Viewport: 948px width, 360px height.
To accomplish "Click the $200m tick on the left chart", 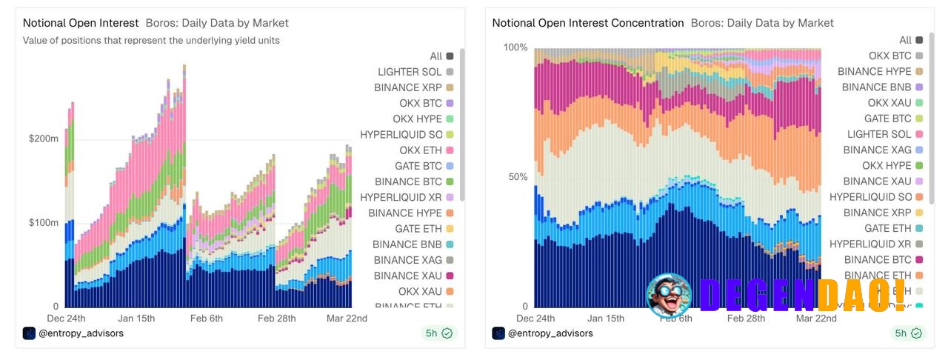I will tap(44, 139).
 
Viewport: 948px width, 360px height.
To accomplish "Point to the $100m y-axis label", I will tap(44, 222).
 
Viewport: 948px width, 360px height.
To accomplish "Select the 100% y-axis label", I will tap(515, 47).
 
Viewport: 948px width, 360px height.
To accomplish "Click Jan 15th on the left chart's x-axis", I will tap(136, 319).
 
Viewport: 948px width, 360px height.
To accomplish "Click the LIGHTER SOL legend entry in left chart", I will tap(410, 72).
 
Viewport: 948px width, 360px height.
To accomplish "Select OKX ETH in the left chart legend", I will tap(420, 150).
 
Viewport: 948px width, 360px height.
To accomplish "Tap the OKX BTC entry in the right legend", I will tap(889, 56).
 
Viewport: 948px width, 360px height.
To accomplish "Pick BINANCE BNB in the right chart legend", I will tap(876, 87).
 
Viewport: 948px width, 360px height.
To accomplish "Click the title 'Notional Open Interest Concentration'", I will tap(588, 23).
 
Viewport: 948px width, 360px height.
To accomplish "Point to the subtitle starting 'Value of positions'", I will tap(151, 40).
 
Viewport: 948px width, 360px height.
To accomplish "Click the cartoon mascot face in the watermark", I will tap(668, 295).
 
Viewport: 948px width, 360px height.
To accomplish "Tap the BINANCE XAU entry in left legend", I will tap(407, 276).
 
